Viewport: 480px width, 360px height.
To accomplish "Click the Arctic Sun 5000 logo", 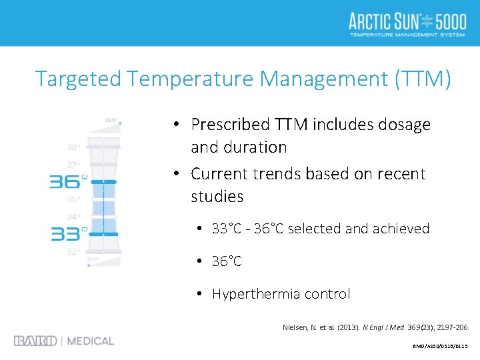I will [407, 24].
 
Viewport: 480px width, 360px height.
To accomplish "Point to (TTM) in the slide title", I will [423, 79].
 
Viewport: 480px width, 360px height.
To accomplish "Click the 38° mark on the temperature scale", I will [73, 147].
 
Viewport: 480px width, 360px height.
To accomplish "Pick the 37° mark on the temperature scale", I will [73, 165].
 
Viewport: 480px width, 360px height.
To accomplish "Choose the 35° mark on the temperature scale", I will [73, 199].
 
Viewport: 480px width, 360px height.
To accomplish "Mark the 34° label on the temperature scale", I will [73, 217].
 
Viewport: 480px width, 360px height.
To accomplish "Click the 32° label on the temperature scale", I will [73, 252].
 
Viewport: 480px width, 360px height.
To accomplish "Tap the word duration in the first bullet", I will [257, 147].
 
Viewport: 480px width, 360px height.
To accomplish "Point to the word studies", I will [217, 197].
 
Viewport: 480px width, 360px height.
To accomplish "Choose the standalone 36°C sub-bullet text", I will [227, 261].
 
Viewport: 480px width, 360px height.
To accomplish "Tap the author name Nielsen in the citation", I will [299, 327].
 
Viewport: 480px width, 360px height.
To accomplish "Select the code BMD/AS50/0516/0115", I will [440, 347].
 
